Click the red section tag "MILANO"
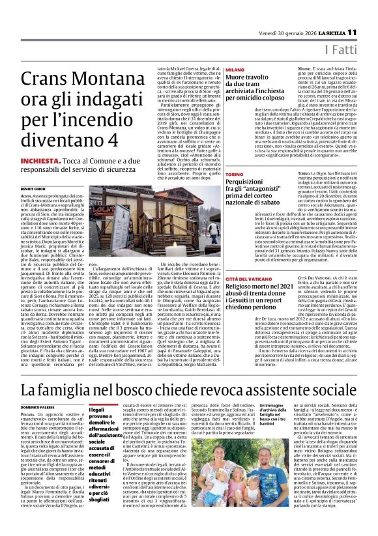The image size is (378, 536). pyautogui.click(x=235, y=68)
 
